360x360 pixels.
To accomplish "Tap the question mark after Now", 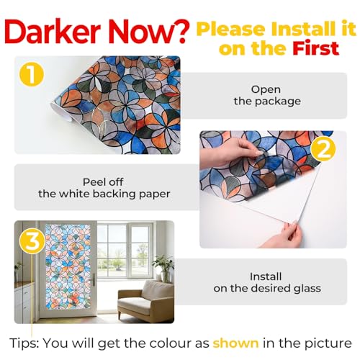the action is [x=179, y=32].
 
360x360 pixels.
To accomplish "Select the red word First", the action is [x=315, y=48].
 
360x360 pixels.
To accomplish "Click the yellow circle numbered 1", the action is [x=32, y=74].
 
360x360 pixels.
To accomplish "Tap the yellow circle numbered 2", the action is [x=323, y=149].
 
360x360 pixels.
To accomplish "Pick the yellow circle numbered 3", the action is [x=32, y=241].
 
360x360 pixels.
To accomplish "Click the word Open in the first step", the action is [x=266, y=90].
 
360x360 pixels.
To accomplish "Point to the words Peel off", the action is [x=103, y=182].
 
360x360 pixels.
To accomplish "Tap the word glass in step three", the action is [x=307, y=288].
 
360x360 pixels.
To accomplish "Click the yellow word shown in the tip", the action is [x=236, y=343].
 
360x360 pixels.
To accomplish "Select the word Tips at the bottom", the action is [x=24, y=343].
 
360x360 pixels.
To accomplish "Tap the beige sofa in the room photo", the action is [x=145, y=302].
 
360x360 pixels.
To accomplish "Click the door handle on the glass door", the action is [x=93, y=279].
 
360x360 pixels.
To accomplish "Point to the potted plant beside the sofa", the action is [x=164, y=268].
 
